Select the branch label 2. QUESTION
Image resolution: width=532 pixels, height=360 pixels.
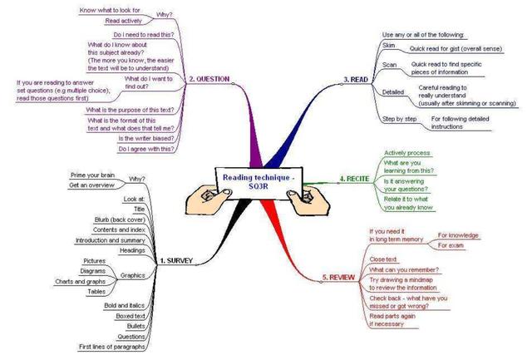209,79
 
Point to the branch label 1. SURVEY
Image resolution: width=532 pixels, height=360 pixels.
175,261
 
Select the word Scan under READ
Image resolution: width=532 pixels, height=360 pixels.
389,64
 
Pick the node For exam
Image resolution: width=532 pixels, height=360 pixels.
452,246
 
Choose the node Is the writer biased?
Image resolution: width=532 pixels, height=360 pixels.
149,138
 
